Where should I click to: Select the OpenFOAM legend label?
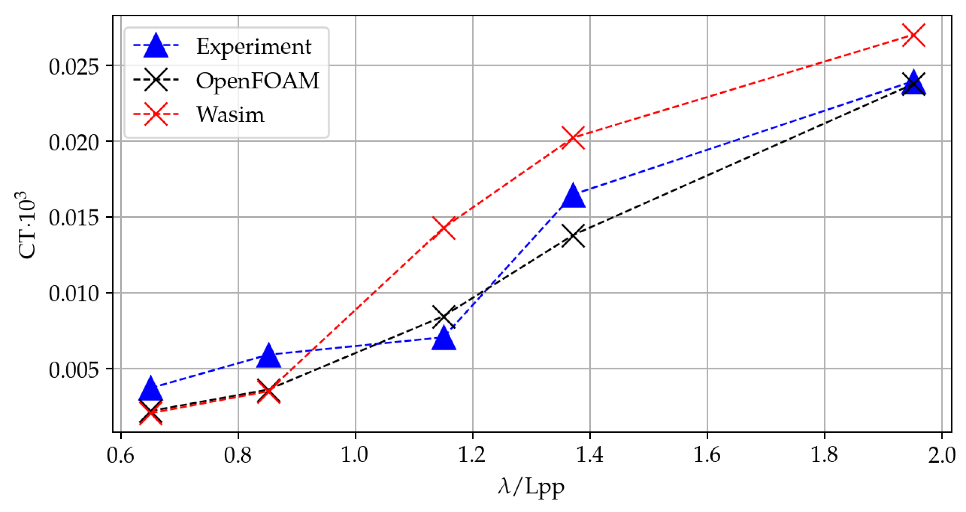pyautogui.click(x=257, y=81)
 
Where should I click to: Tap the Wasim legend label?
pyautogui.click(x=230, y=114)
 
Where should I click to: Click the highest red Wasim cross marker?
pyautogui.click(x=913, y=35)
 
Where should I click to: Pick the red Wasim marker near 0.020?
pyautogui.click(x=573, y=137)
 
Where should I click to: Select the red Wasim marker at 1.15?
pyautogui.click(x=443, y=228)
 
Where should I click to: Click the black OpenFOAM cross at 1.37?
pyautogui.click(x=573, y=236)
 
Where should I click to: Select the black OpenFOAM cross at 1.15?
pyautogui.click(x=443, y=317)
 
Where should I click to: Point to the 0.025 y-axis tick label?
pyautogui.click(x=74, y=67)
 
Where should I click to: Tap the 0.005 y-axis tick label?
pyautogui.click(x=74, y=370)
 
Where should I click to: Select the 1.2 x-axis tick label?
pyautogui.click(x=472, y=455)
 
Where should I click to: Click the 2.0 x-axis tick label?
pyautogui.click(x=941, y=455)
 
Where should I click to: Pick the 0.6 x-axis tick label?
pyautogui.click(x=121, y=455)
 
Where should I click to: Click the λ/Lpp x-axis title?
pyautogui.click(x=531, y=487)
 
